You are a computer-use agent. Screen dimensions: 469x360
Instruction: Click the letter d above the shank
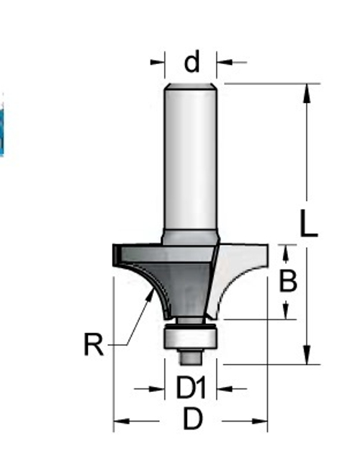[x=192, y=63]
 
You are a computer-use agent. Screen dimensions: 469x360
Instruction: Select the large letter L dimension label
[x=308, y=224]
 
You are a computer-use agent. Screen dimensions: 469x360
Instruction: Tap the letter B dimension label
[x=288, y=281]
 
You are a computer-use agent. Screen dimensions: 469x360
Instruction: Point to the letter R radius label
[x=93, y=346]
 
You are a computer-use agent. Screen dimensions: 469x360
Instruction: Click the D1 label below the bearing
[x=192, y=389]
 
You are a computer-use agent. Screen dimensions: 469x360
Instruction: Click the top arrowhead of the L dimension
[x=307, y=91]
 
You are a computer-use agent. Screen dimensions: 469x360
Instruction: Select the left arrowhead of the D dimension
[x=120, y=421]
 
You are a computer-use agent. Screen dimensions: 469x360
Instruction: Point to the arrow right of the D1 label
[x=223, y=389]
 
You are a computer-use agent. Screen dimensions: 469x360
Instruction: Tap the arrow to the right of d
[x=225, y=63]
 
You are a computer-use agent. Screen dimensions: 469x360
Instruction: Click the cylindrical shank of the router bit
[x=191, y=158]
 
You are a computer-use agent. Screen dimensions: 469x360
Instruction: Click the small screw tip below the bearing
[x=191, y=355]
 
